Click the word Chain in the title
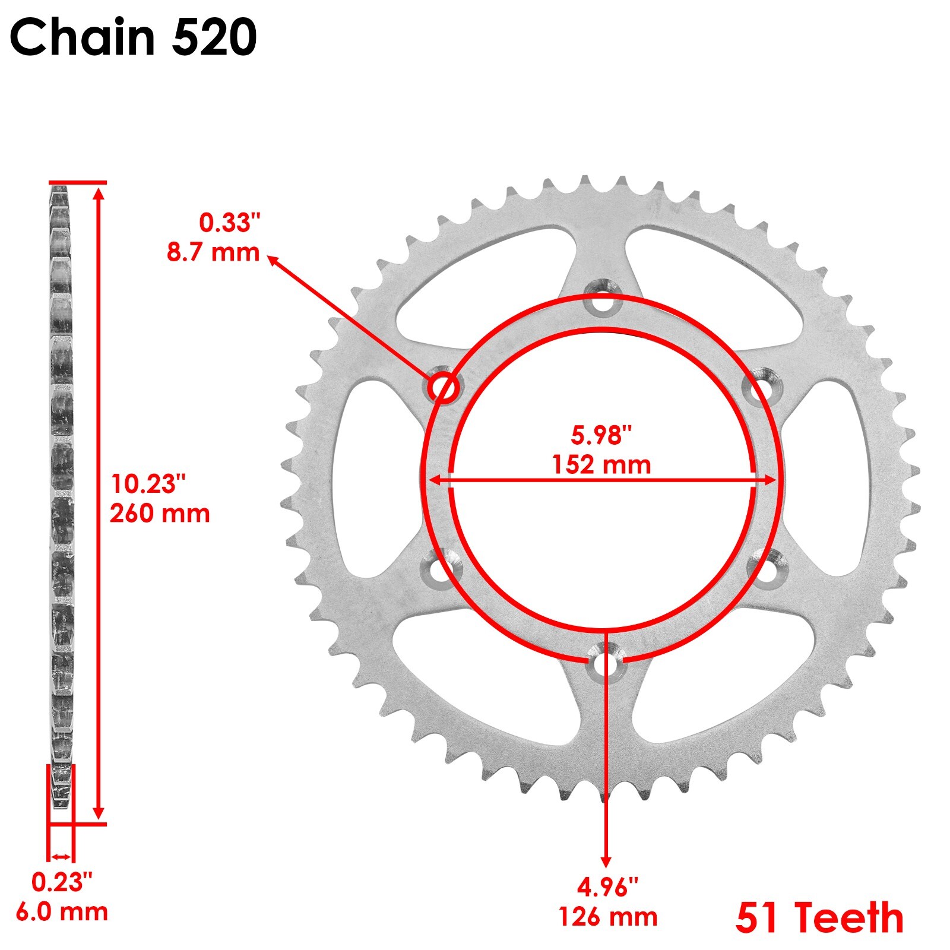click(x=83, y=37)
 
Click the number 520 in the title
click(x=214, y=37)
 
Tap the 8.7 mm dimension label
click(x=213, y=252)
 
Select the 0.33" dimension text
click(x=229, y=223)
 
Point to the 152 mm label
click(x=601, y=465)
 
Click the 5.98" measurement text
click(x=601, y=435)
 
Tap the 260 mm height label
click(x=160, y=514)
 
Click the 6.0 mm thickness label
click(x=62, y=912)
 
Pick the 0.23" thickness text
click(x=62, y=883)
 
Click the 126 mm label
click(x=608, y=917)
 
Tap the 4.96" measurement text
click(x=607, y=888)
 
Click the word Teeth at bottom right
click(x=849, y=918)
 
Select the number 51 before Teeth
click(x=756, y=918)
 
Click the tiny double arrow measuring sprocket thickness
click(x=61, y=856)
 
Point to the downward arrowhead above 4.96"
click(x=606, y=862)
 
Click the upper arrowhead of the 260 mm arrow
click(x=99, y=192)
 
